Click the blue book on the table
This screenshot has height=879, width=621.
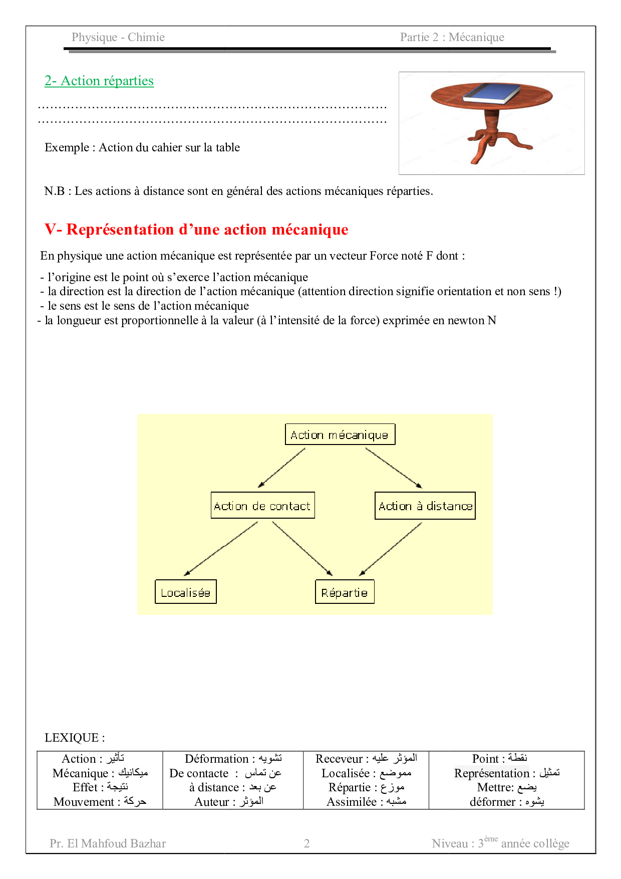[x=492, y=94]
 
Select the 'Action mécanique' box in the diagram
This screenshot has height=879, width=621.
[x=340, y=434]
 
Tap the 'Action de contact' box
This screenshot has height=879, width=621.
[x=262, y=506]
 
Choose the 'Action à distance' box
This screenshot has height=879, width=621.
[x=425, y=506]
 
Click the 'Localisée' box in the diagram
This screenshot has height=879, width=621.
[x=186, y=592]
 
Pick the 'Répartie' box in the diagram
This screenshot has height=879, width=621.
[x=345, y=592]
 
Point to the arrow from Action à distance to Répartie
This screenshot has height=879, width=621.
[x=391, y=549]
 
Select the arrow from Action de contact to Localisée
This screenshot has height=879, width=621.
[x=221, y=549]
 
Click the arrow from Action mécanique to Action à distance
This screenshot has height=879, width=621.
[x=394, y=468]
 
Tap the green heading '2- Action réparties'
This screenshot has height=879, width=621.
[x=99, y=81]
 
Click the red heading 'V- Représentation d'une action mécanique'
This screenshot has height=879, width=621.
[x=196, y=230]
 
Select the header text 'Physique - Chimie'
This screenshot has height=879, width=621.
[x=118, y=37]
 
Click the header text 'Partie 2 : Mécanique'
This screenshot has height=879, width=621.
[x=452, y=37]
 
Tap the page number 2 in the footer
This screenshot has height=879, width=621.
[x=307, y=843]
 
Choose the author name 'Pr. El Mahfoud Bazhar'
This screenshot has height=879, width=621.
[x=108, y=843]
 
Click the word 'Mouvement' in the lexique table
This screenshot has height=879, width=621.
[x=84, y=802]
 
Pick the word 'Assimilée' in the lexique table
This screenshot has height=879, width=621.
[x=352, y=802]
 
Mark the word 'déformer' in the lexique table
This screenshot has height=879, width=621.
[x=492, y=802]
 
